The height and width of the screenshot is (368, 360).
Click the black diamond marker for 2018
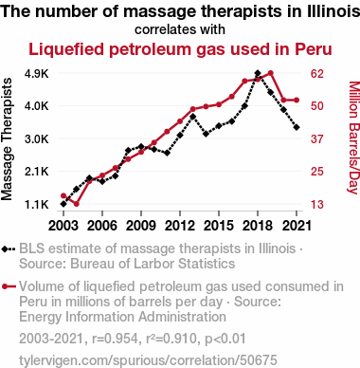pyautogui.click(x=258, y=73)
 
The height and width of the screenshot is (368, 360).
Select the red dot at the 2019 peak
pyautogui.click(x=271, y=73)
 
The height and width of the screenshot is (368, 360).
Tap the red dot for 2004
pyautogui.click(x=76, y=204)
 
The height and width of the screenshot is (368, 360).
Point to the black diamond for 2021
pyautogui.click(x=297, y=127)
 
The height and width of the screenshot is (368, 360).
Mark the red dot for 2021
pyautogui.click(x=297, y=101)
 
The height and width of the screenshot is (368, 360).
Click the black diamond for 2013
pyautogui.click(x=193, y=117)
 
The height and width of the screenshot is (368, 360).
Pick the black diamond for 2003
pyautogui.click(x=63, y=204)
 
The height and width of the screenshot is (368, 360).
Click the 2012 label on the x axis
pyautogui.click(x=180, y=226)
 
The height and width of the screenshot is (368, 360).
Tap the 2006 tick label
pyautogui.click(x=102, y=226)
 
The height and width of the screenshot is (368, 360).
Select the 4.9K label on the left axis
pyautogui.click(x=37, y=74)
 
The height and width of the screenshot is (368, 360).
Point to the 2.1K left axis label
pyautogui.click(x=37, y=172)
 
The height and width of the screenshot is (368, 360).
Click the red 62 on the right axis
pyautogui.click(x=317, y=74)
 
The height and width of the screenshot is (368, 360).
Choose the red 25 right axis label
pyautogui.click(x=317, y=172)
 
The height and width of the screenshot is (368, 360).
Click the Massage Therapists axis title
pyautogui.click(x=7, y=139)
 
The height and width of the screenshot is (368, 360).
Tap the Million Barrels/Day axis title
pyautogui.click(x=353, y=138)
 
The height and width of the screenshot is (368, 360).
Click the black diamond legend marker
pyautogui.click(x=5, y=249)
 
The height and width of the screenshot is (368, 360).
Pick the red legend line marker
pyautogui.click(x=9, y=286)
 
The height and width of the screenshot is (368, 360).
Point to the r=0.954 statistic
pyautogui.click(x=115, y=339)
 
